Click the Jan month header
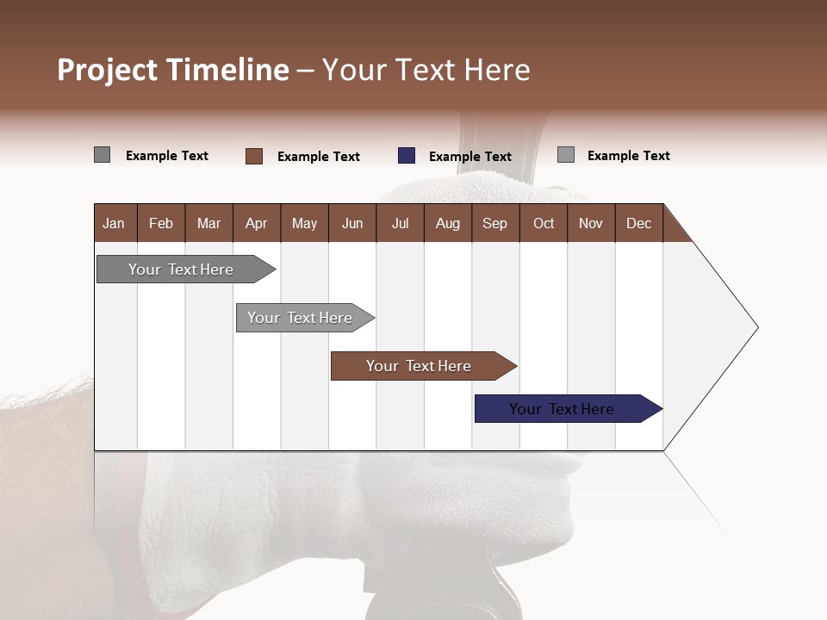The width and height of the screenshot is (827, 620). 115,223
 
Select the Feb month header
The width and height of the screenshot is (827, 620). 161,223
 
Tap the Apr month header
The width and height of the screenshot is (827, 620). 257,223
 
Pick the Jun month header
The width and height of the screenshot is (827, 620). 352,223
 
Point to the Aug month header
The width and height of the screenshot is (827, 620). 448,223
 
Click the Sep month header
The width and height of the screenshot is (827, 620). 495,223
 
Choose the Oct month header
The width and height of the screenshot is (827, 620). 544,223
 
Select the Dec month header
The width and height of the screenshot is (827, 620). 639,223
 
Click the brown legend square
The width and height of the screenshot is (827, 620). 254,156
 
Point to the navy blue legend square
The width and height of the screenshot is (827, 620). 407,156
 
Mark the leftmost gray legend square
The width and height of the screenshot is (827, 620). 103,155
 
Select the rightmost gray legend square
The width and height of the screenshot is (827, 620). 566,155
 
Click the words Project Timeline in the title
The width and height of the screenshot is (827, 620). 173,70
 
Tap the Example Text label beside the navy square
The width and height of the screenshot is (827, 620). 470,157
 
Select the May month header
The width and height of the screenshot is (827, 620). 304,223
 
